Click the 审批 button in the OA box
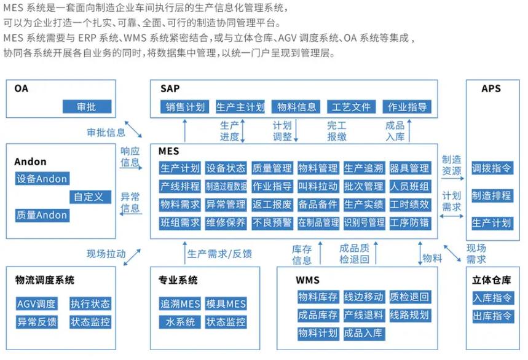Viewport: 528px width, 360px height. coord(87,107)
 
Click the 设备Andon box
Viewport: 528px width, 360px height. coord(42,179)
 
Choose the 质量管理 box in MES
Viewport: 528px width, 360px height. coord(272,168)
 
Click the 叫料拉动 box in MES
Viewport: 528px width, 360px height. coord(318,186)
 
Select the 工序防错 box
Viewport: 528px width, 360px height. coord(409,222)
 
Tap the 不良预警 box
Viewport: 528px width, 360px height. coord(272,222)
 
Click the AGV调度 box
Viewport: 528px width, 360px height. coord(36,303)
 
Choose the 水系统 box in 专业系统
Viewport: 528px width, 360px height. coord(180,321)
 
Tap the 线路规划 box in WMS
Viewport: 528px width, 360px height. coord(409,315)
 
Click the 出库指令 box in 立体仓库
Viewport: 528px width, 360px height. coord(492,316)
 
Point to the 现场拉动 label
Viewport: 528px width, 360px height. coord(106,253)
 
